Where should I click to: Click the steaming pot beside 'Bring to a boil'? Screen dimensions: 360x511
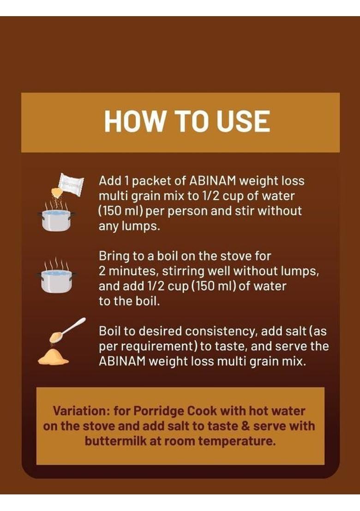pyautogui.click(x=56, y=279)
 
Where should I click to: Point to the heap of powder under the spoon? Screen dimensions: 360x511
pyautogui.click(x=53, y=357)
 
